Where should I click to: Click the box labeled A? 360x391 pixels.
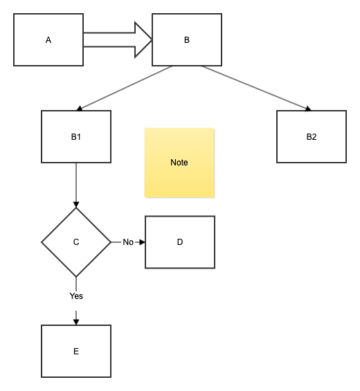click(48, 39)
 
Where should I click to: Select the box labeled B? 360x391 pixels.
click(187, 39)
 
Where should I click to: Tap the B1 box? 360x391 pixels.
click(76, 136)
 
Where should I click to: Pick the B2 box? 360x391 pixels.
click(312, 136)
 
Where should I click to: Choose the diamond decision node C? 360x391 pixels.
click(76, 242)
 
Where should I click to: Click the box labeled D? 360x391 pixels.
click(180, 242)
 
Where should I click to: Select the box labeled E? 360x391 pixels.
click(76, 351)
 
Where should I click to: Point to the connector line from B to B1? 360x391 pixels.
click(125, 88)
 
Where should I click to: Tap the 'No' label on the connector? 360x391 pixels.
click(128, 242)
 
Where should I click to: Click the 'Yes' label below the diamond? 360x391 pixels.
click(76, 296)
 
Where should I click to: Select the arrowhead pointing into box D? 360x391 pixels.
click(142, 242)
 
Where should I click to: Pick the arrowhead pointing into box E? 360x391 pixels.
click(76, 320)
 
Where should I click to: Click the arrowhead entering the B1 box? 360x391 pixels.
click(80, 108)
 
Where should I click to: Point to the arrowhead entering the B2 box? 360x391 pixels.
click(307, 108)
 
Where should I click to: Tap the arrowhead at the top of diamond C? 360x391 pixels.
click(76, 204)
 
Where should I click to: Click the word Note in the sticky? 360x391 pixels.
click(179, 163)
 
